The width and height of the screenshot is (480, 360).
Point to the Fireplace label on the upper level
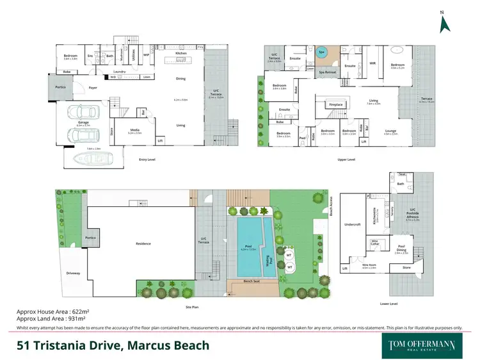point(336,104)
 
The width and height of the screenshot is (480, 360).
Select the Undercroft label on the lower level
point(353,225)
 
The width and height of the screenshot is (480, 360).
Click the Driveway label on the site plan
point(73,273)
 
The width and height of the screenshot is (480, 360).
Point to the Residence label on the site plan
point(143,243)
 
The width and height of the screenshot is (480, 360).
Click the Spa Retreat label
point(327,72)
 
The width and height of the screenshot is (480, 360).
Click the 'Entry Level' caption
point(147,159)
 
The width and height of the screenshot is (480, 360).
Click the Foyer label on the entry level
point(93,88)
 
